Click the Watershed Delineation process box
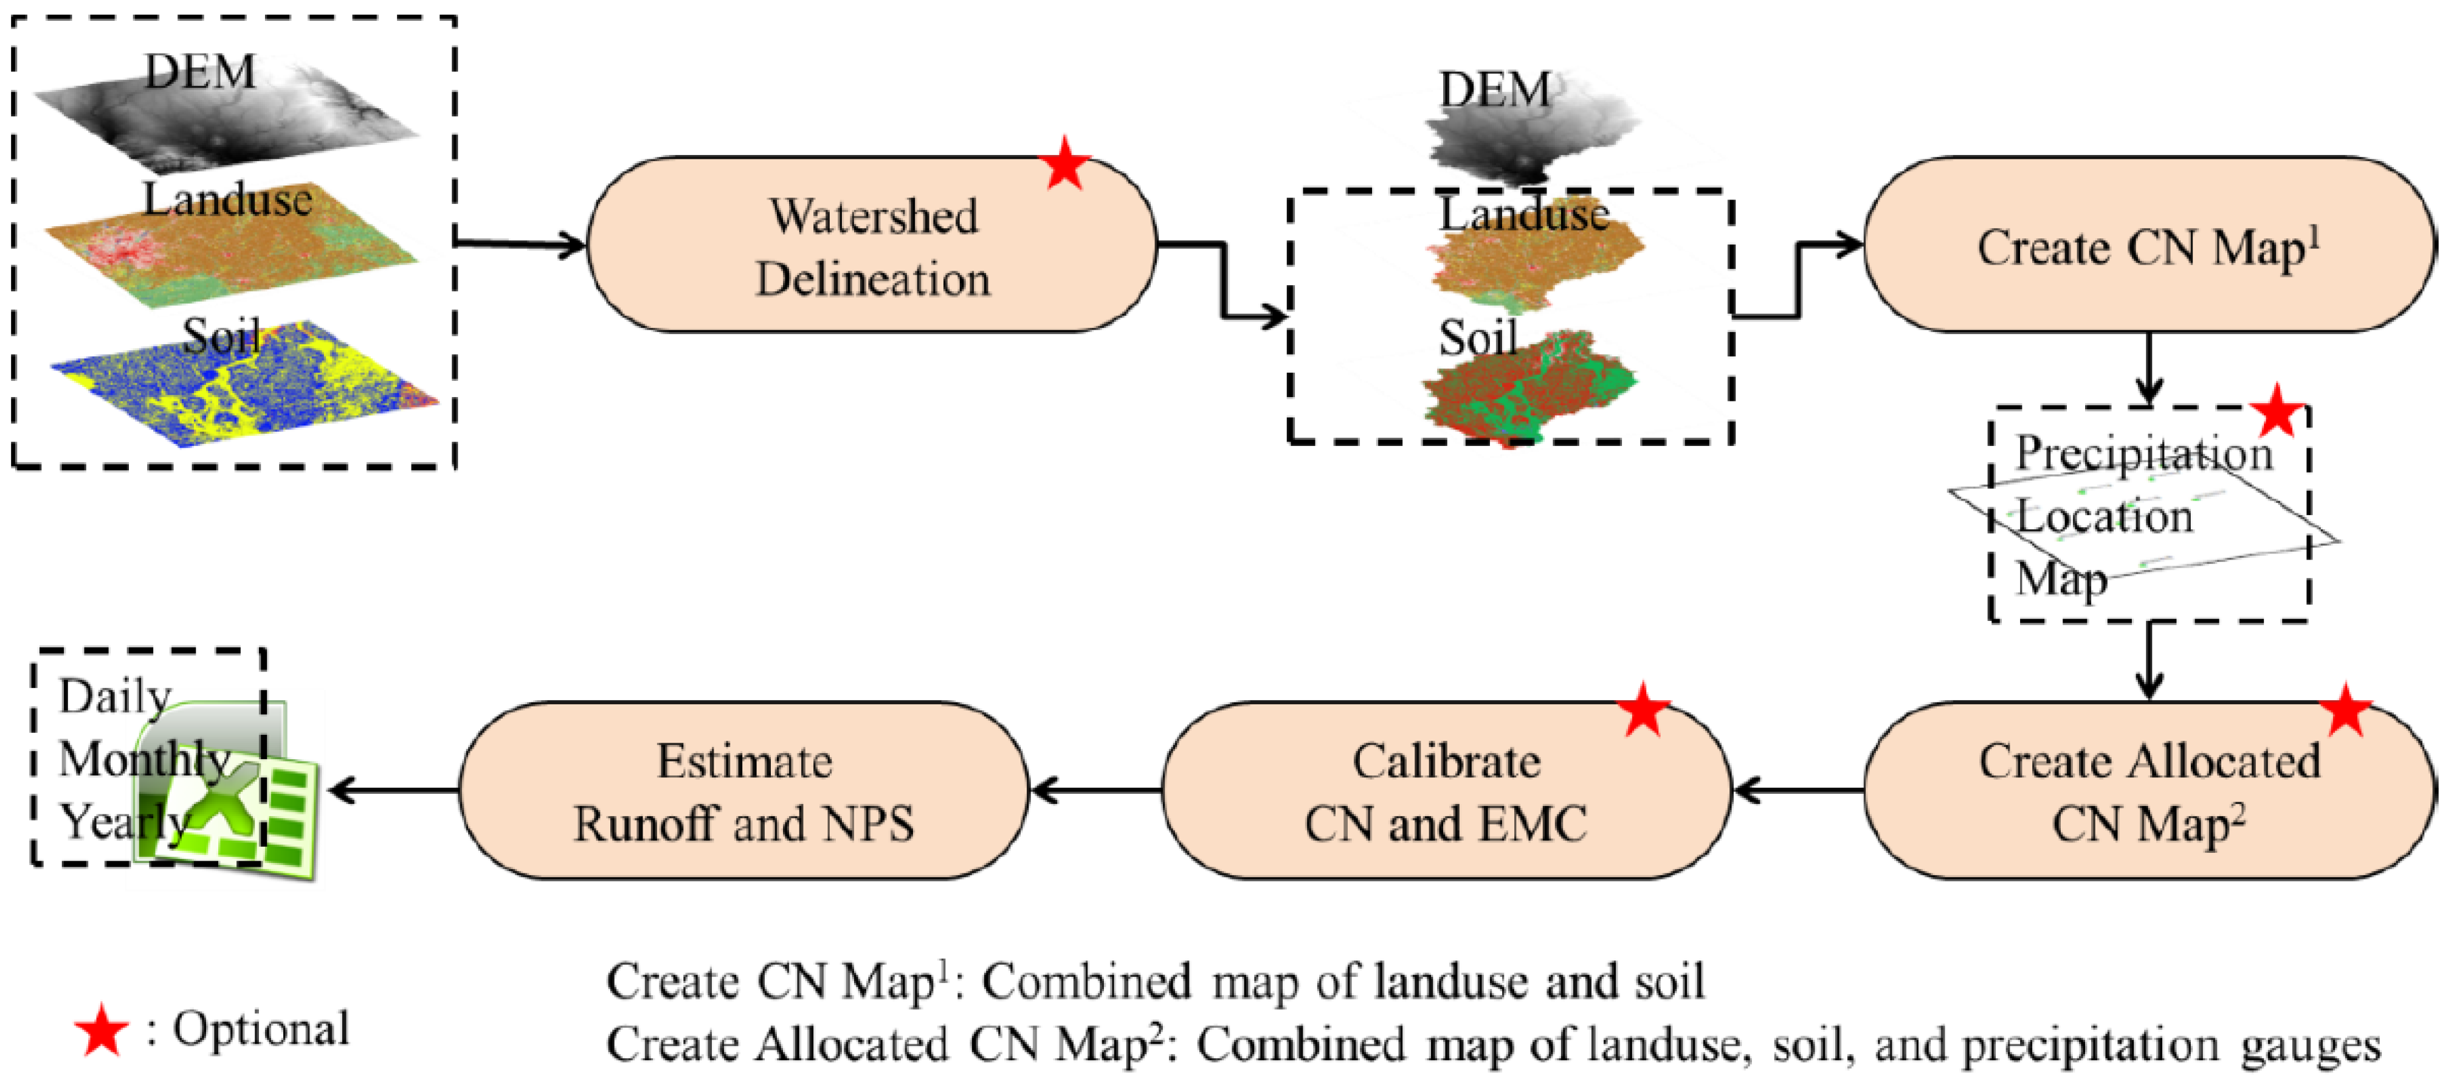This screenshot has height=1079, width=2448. [872, 245]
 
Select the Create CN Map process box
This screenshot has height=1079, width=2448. [2150, 245]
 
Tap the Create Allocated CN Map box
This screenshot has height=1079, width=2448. [2150, 790]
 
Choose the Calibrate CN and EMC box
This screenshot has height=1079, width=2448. [1446, 790]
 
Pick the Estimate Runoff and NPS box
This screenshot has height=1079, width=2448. [744, 790]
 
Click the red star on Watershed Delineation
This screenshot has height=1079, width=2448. [1065, 164]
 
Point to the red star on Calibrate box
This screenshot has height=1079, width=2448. [1643, 709]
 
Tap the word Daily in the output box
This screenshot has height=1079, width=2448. [115, 696]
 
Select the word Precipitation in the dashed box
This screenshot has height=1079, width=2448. [2144, 453]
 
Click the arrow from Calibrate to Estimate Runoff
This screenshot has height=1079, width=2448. [1095, 790]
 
